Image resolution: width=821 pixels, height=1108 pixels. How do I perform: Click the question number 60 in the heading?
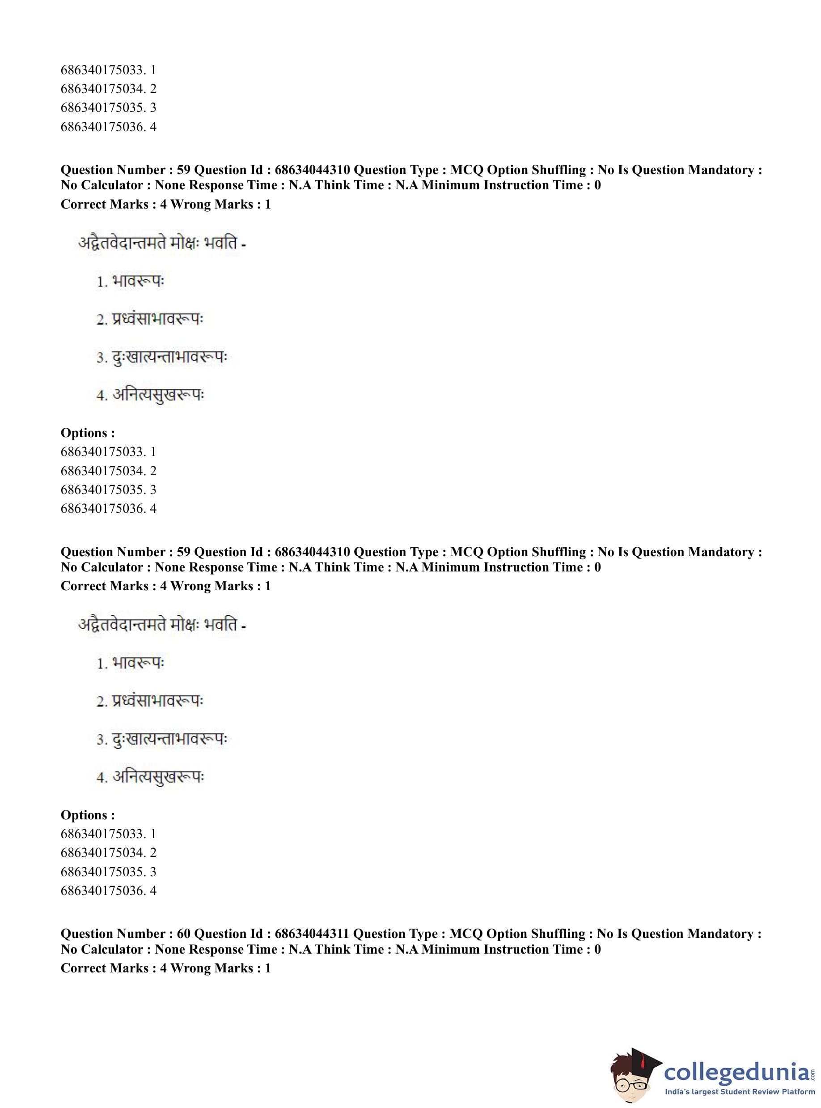[183, 933]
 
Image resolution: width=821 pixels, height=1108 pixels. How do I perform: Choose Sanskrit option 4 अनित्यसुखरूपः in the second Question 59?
[157, 776]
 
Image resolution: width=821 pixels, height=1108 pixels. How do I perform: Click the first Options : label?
[88, 433]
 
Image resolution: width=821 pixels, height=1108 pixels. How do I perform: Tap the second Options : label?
[88, 814]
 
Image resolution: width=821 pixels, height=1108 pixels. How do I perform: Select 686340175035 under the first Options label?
[103, 490]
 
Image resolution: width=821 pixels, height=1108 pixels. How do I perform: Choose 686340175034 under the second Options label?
[103, 852]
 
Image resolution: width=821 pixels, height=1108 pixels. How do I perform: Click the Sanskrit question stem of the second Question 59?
[162, 625]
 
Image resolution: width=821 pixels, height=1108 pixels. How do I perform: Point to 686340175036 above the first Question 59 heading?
[103, 126]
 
